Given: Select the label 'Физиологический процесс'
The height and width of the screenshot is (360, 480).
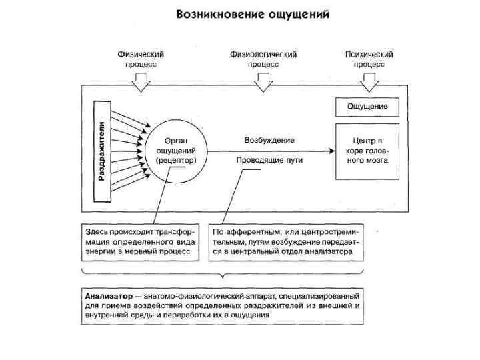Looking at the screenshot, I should pos(263,59).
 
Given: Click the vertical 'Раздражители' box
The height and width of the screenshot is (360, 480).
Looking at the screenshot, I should pos(101,151).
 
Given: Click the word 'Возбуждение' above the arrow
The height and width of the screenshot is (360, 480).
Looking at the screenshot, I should pos(269,141).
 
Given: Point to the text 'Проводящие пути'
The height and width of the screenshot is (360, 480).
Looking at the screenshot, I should pos(269,161).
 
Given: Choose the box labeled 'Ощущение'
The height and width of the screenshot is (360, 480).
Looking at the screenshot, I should pos(367,106).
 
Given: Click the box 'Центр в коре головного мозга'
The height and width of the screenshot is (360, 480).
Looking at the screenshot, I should pos(367,151).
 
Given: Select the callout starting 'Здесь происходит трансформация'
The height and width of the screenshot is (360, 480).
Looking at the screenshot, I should pos(141,241).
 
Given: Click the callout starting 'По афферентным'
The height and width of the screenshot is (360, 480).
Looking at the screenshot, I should pos(286,241).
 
